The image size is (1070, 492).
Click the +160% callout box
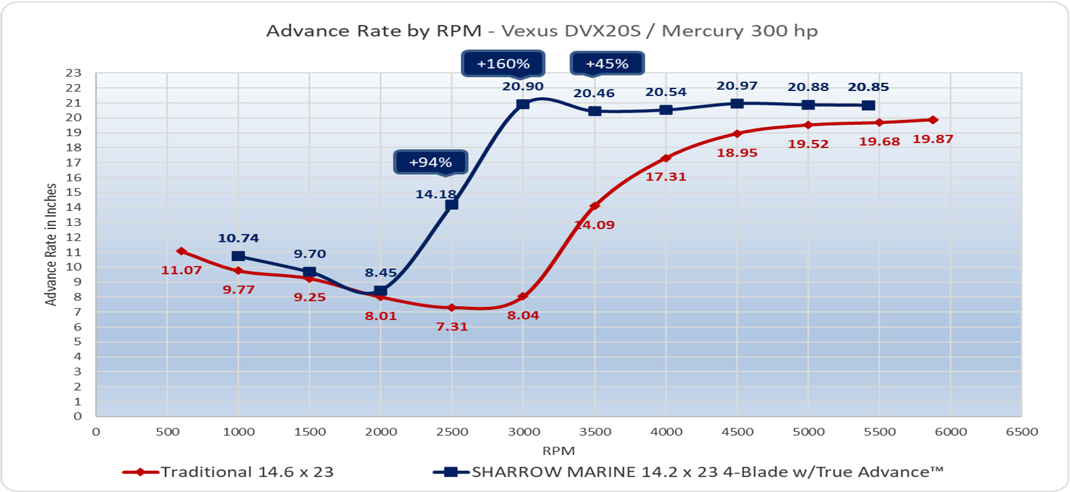pyautogui.click(x=502, y=64)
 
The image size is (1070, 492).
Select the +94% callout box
pyautogui.click(x=431, y=163)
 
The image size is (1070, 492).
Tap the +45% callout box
pyautogui.click(x=607, y=64)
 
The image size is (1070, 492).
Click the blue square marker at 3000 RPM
pyautogui.click(x=523, y=104)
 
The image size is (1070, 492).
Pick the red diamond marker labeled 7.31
pyautogui.click(x=452, y=308)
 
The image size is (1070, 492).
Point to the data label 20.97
pyautogui.click(x=737, y=86)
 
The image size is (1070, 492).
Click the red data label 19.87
pyautogui.click(x=932, y=139)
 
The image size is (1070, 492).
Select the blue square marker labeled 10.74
pyautogui.click(x=238, y=256)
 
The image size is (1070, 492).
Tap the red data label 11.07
pyautogui.click(x=181, y=270)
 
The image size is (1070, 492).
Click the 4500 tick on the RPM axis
pyautogui.click(x=737, y=432)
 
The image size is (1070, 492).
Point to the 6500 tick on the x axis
pyautogui.click(x=1022, y=432)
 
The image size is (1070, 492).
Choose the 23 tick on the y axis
pyautogui.click(x=74, y=73)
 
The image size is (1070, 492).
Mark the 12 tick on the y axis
pyautogui.click(x=74, y=238)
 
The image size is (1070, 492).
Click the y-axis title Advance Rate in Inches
pyautogui.click(x=51, y=244)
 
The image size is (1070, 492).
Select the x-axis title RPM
pyautogui.click(x=558, y=451)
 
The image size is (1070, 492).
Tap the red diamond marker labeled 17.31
pyautogui.click(x=666, y=158)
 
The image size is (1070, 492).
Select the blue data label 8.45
pyautogui.click(x=380, y=273)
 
